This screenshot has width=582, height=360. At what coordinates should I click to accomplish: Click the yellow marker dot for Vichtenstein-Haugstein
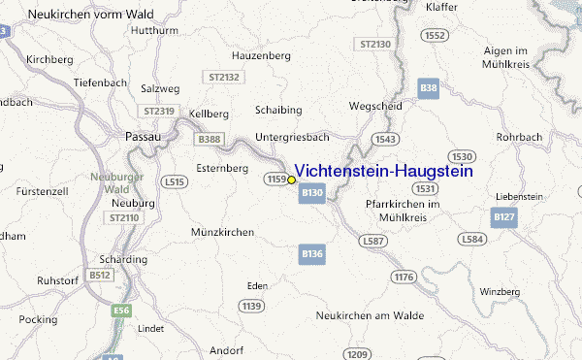tap(291, 180)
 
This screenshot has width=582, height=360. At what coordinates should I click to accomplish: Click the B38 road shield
tap(429, 88)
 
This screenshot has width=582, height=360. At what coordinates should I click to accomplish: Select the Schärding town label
tap(123, 260)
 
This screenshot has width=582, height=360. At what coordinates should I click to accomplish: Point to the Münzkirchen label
tap(223, 232)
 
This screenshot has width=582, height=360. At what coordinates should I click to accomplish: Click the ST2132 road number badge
tap(222, 76)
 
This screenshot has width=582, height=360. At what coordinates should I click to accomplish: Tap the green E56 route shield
tap(120, 311)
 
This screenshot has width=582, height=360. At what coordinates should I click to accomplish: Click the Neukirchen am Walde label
tap(366, 316)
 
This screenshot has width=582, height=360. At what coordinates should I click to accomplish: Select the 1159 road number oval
tap(275, 180)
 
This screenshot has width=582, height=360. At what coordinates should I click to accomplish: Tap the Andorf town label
tap(225, 349)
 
